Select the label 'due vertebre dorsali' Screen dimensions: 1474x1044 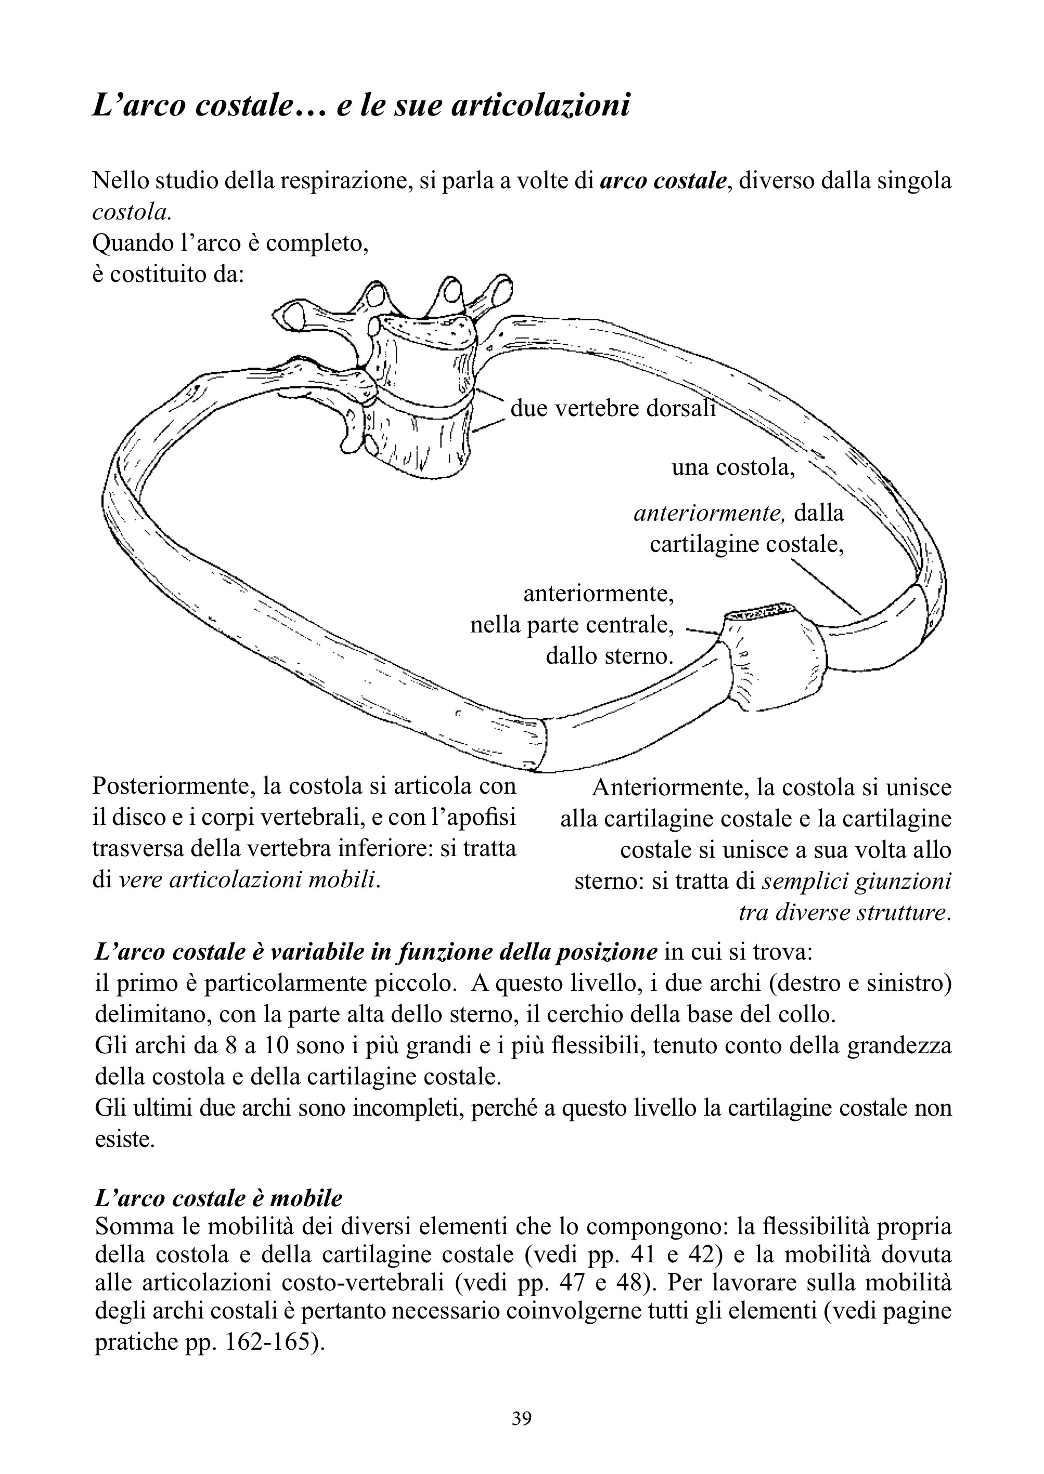tap(613, 408)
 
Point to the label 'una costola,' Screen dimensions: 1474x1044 tap(733, 468)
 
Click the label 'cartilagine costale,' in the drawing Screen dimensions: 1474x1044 tap(746, 545)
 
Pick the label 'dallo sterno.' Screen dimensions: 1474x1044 tap(610, 656)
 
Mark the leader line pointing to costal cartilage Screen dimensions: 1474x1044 tap(826, 586)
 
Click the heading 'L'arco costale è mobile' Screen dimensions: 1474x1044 tap(218, 1198)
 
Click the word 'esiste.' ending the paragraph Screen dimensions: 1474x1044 tap(125, 1139)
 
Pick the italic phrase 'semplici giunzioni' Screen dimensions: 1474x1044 tap(856, 881)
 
